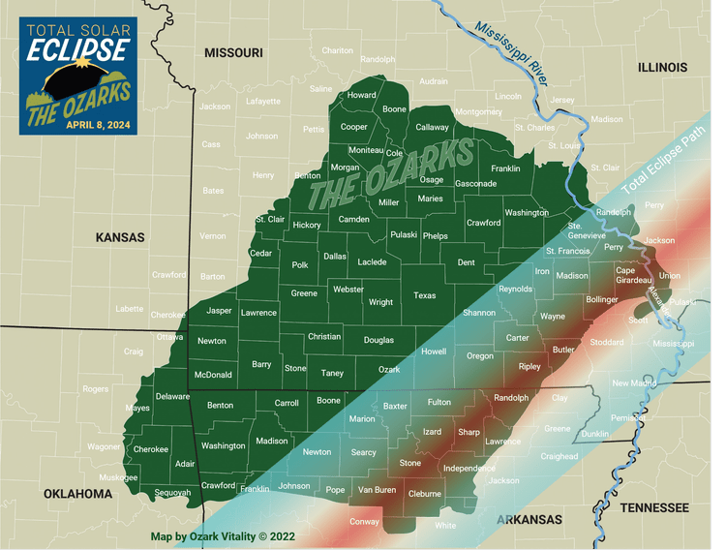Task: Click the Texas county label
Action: (424, 295)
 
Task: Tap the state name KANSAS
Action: (120, 237)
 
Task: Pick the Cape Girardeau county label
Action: (633, 275)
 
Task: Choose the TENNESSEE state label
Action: (654, 507)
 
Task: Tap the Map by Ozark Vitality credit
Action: (223, 535)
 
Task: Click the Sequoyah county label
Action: (172, 493)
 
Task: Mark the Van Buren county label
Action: (378, 490)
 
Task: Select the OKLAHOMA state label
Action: (77, 494)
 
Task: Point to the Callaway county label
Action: (432, 127)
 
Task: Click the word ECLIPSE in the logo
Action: (77, 51)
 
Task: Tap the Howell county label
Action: (433, 351)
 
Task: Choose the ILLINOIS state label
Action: (662, 68)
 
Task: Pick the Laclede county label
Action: (372, 262)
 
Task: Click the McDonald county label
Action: (213, 375)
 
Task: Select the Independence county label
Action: (469, 469)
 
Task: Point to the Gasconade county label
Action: (475, 184)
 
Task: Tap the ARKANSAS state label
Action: (529, 520)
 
